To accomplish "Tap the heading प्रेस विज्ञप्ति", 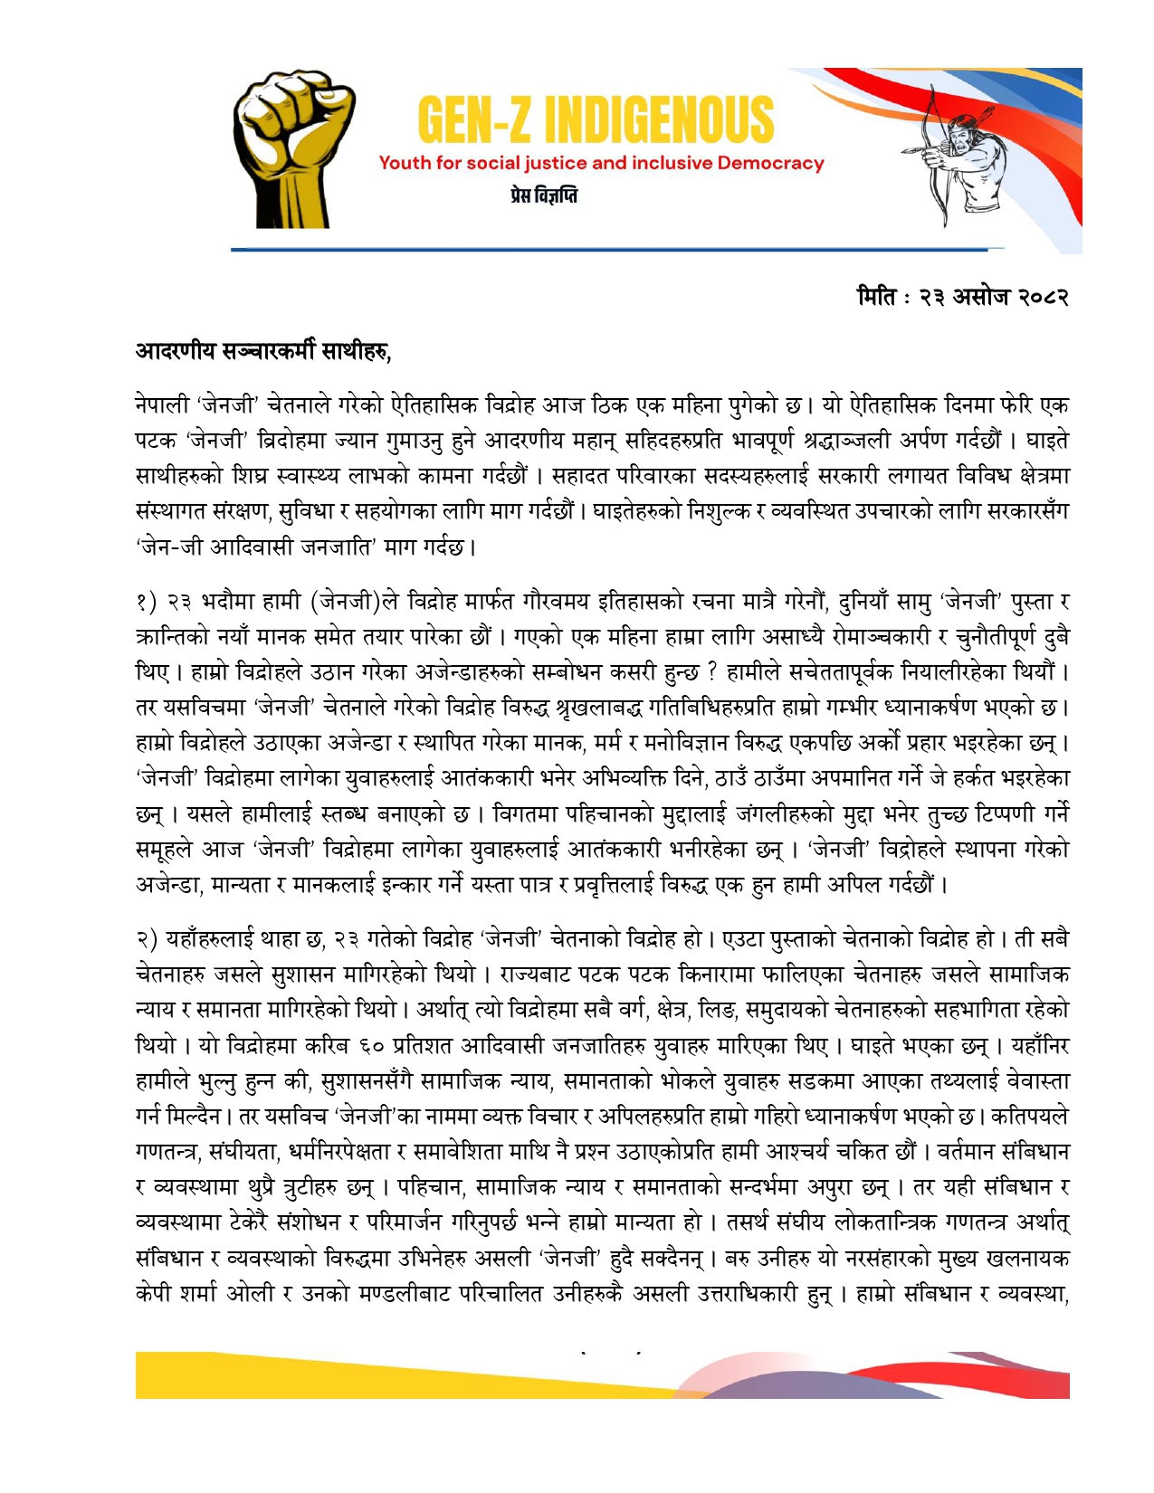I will point(543,195).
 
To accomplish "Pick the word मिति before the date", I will point(877,297).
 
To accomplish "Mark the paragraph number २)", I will point(147,940).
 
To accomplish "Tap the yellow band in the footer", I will point(362,1377).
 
